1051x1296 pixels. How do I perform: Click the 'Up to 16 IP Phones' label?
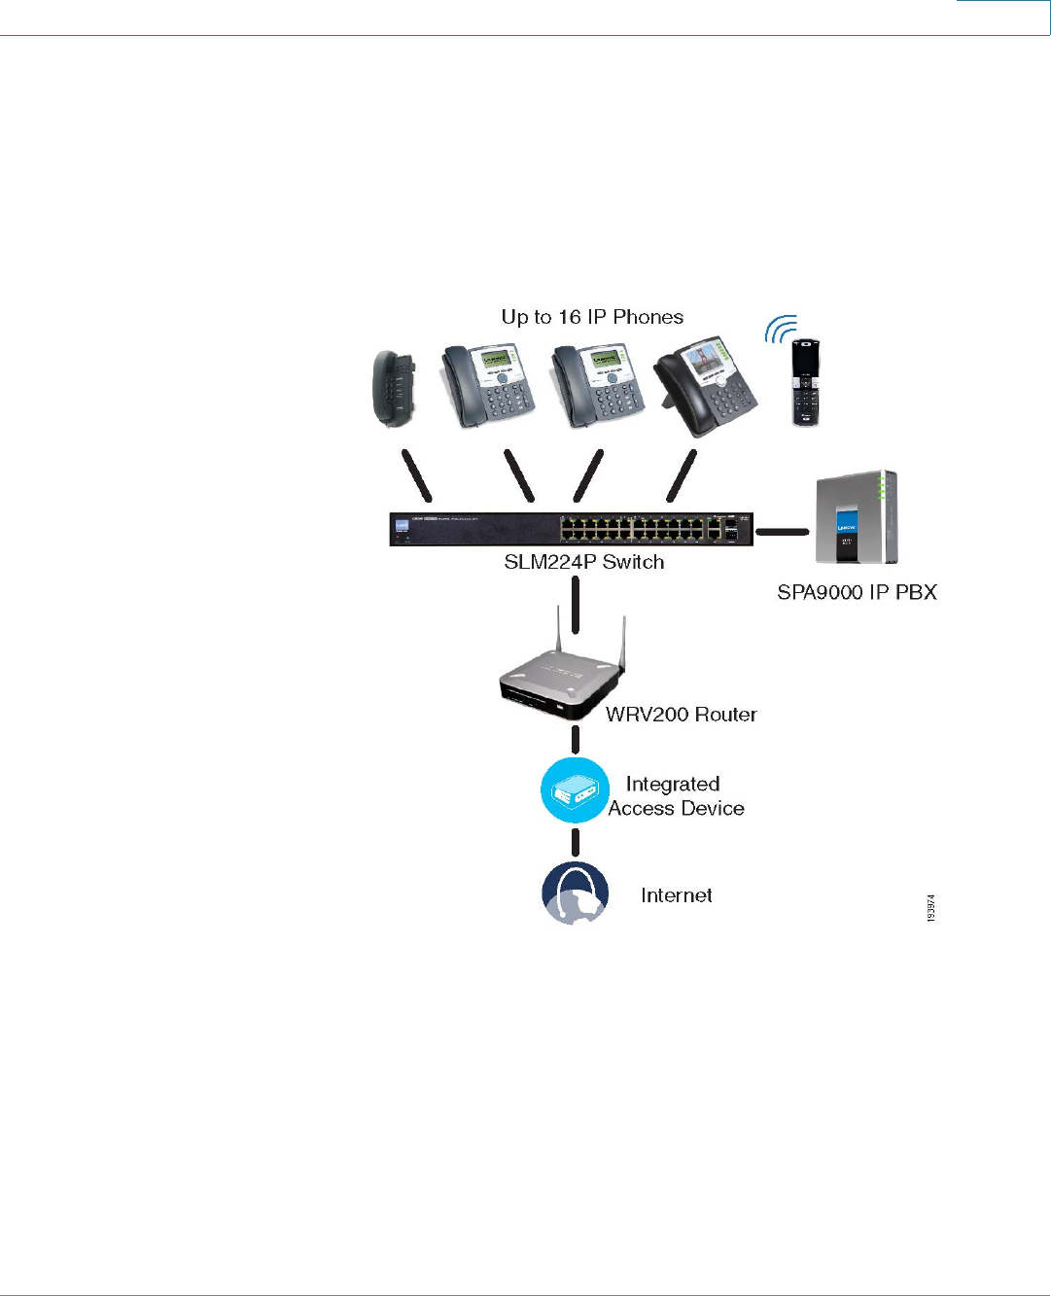tap(592, 317)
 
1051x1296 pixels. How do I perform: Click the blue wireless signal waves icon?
tap(780, 330)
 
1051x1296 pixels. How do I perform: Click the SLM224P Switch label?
tap(583, 562)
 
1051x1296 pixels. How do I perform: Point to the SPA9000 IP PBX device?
tap(856, 517)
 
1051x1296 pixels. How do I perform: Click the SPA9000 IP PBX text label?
tap(857, 592)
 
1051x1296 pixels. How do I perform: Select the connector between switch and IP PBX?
tap(783, 532)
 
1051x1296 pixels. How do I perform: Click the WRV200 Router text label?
tap(681, 715)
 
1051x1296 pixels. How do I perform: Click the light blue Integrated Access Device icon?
tap(575, 791)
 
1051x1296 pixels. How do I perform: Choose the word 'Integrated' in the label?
tap(673, 784)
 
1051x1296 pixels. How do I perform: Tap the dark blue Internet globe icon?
tap(575, 893)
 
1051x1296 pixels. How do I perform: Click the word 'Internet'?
tap(676, 895)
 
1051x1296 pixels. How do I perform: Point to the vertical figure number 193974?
tap(930, 908)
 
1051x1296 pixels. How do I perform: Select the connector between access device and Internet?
tap(576, 841)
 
